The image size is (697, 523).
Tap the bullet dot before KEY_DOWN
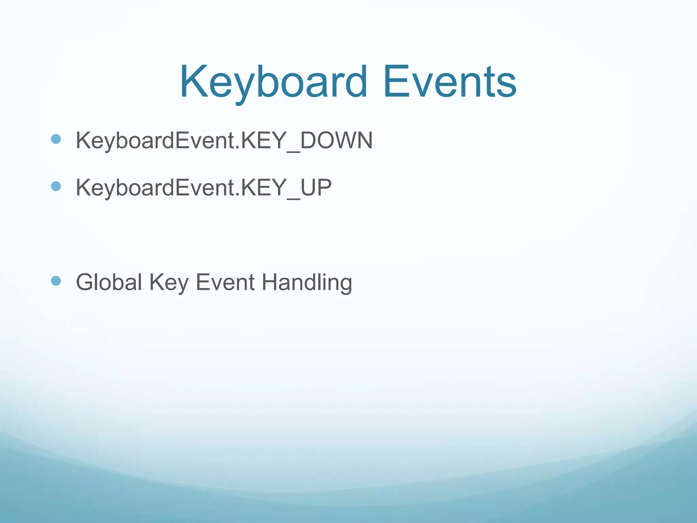point(56,139)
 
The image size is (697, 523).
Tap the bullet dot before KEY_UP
point(56,186)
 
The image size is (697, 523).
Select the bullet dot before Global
point(56,281)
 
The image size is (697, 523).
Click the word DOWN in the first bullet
point(336,140)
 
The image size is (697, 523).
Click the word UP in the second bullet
point(316,188)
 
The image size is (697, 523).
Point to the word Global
point(109,282)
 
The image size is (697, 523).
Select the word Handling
point(307,282)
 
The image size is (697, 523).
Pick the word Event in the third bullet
point(225,282)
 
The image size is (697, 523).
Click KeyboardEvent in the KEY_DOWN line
point(155,140)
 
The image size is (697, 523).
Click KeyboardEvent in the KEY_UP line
point(155,188)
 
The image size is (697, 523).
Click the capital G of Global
point(85,282)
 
